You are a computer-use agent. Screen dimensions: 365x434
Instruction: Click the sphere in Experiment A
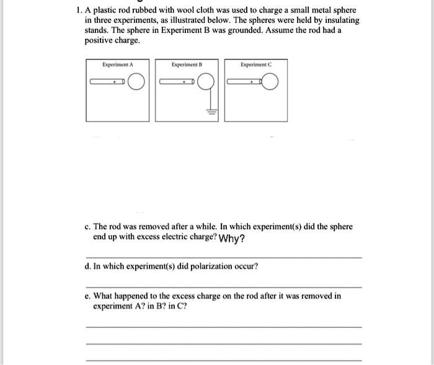138,82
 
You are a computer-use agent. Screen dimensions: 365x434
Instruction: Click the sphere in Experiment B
208,82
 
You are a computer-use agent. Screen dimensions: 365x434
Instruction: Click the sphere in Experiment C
270,82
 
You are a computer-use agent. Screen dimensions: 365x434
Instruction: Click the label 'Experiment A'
117,64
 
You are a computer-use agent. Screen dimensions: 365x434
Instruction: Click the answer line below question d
223,287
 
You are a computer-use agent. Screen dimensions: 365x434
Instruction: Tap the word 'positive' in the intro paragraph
100,40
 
